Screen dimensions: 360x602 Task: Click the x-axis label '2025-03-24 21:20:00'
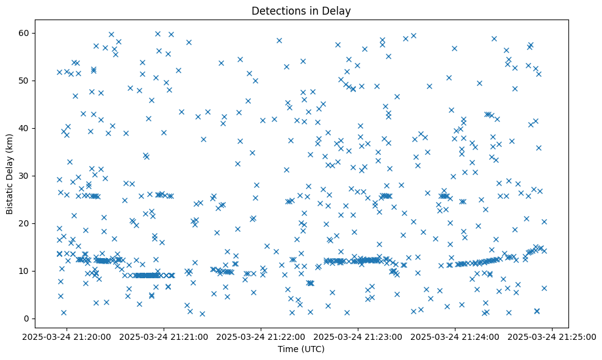click(x=67, y=336)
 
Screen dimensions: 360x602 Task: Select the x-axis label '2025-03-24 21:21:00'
click(x=164, y=336)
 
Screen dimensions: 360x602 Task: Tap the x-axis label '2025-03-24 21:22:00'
click(x=261, y=336)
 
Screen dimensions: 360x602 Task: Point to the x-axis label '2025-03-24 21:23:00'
click(x=358, y=336)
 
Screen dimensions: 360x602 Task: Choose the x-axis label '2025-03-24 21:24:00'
click(x=455, y=336)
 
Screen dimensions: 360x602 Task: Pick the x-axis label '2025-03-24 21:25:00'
click(x=553, y=336)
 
